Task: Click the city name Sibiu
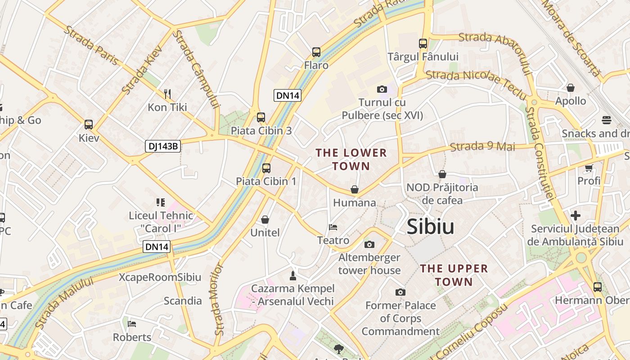point(430,227)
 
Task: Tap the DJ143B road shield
point(163,146)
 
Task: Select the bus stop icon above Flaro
point(316,52)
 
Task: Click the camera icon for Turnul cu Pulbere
point(382,89)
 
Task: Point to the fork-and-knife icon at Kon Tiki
point(167,94)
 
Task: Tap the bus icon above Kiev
point(89,125)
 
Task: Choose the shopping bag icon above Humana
point(355,189)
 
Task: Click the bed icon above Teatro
point(333,227)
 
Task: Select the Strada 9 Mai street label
point(482,146)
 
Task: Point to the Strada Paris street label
point(91,45)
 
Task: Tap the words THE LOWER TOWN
point(351,159)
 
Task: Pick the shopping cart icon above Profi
point(589,168)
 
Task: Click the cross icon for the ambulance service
point(576,215)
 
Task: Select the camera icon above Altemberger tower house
point(369,244)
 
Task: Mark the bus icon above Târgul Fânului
point(423,44)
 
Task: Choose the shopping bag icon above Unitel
point(265,220)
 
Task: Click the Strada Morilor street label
point(219,299)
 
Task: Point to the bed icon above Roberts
point(132,324)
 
